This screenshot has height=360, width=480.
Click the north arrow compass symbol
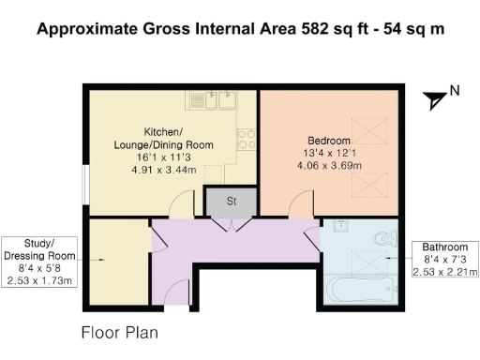point(434,100)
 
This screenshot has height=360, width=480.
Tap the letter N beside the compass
point(455,91)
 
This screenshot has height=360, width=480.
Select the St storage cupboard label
point(232,202)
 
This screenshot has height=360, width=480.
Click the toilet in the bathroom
point(386,239)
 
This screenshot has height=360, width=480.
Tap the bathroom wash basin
point(341,225)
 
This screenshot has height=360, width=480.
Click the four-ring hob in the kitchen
point(247,140)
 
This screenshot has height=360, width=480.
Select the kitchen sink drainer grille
point(197,99)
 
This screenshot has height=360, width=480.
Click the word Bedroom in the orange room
point(329,141)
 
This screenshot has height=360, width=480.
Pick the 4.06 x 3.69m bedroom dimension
point(329,165)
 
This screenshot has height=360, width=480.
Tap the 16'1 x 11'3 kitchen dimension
point(163,157)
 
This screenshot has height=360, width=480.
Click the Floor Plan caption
point(120,333)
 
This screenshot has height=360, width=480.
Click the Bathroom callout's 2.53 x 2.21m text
point(445,272)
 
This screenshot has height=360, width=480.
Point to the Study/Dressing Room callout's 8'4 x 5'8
point(39,268)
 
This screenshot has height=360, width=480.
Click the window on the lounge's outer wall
point(85,185)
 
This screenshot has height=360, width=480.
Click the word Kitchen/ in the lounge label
point(163,132)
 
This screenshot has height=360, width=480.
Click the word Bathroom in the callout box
point(445,247)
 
